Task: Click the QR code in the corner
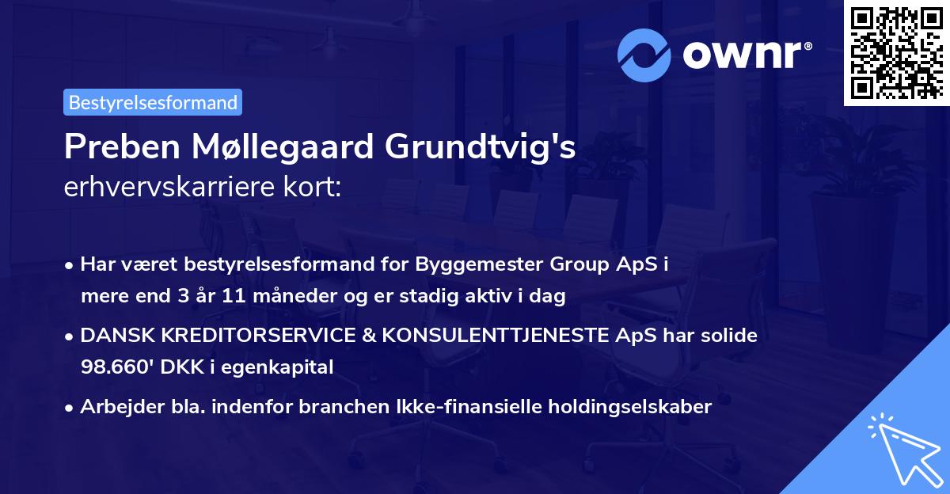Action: (x=895, y=53)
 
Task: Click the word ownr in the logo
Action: (x=745, y=55)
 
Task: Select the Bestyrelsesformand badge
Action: (x=153, y=101)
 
